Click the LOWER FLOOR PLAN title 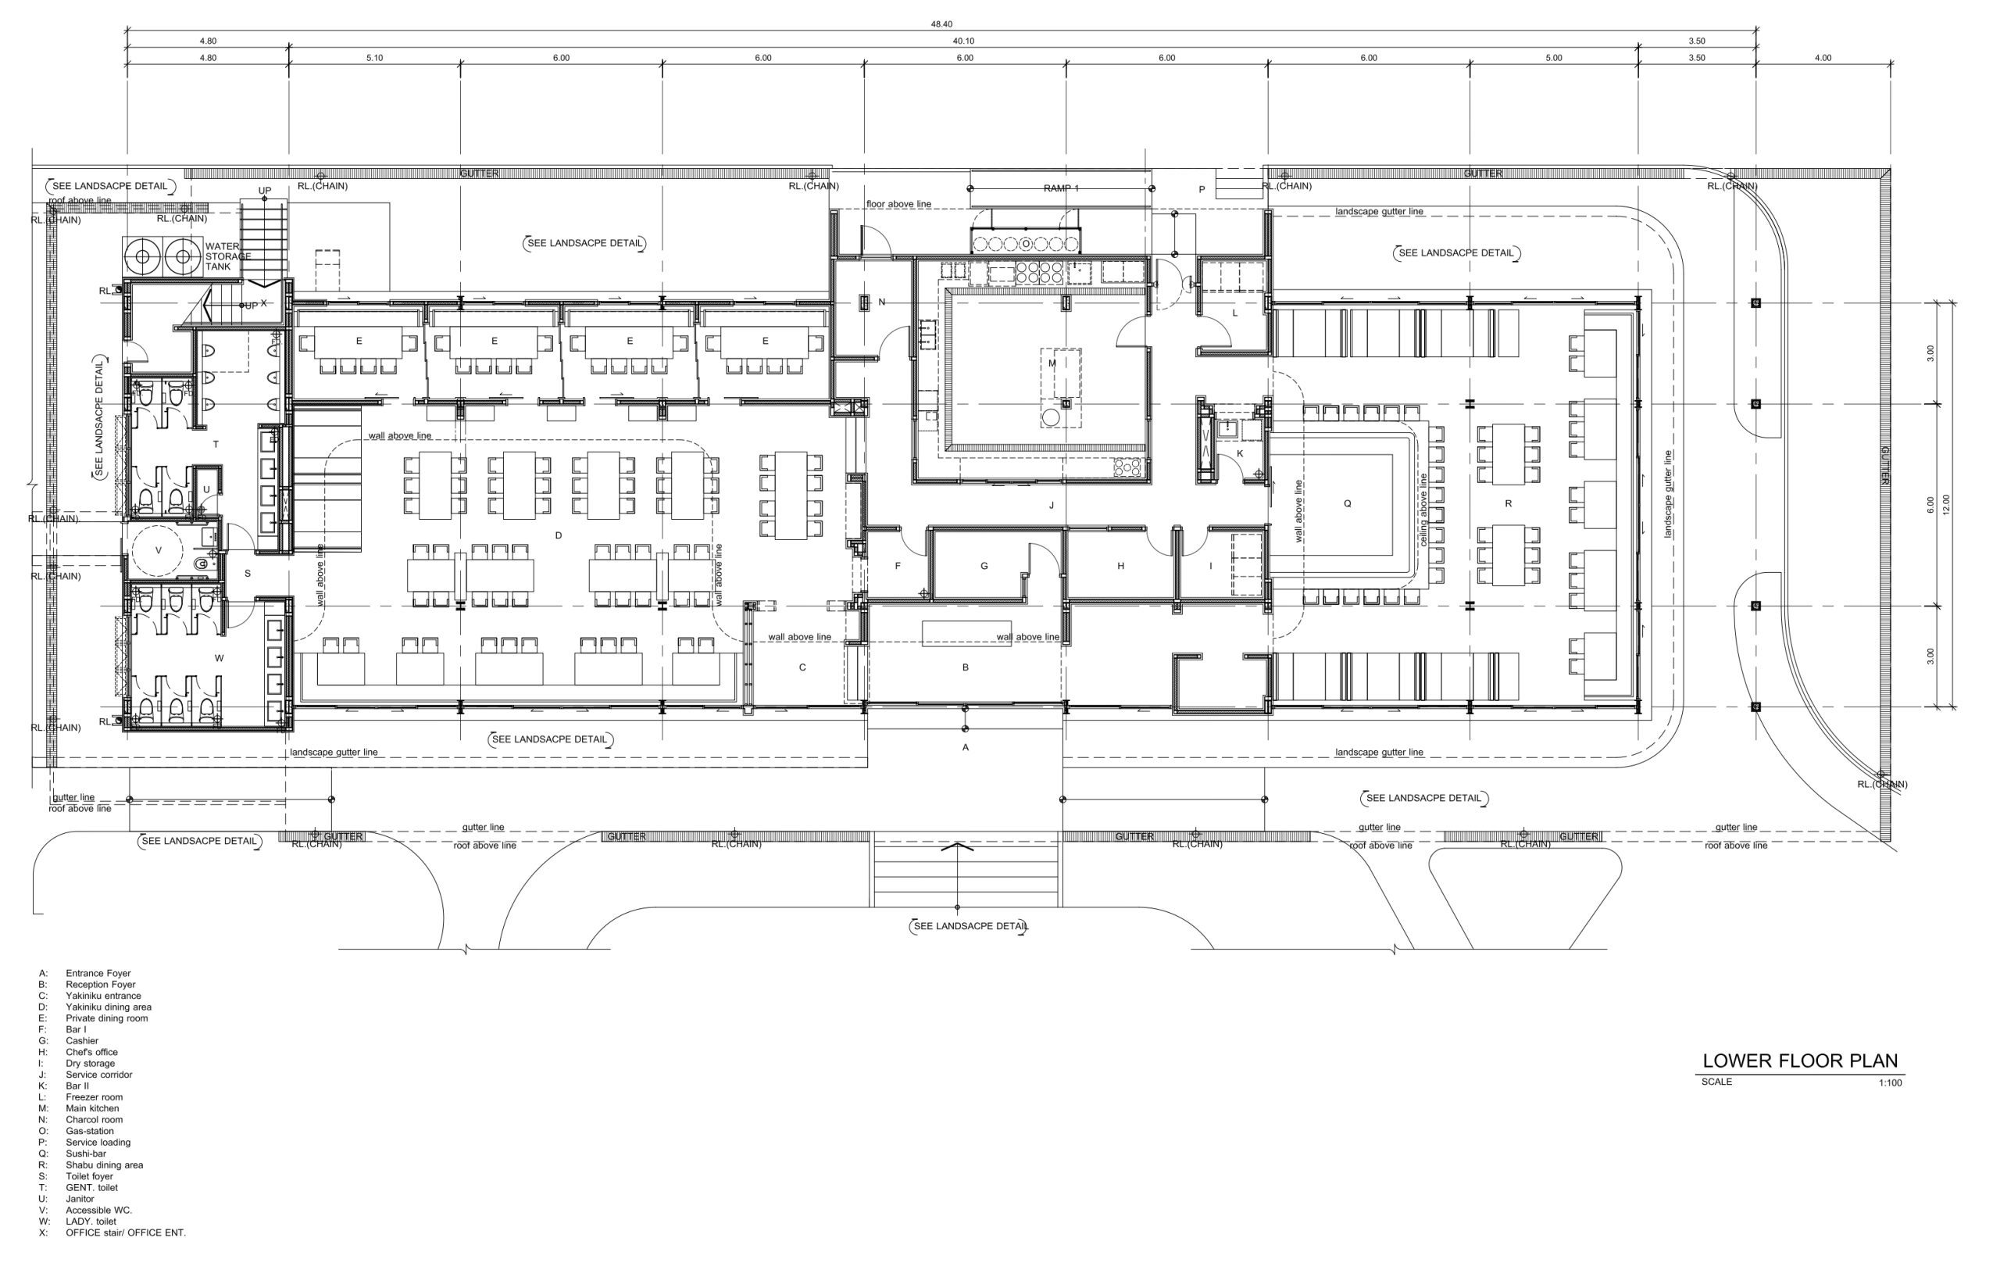pos(1800,1061)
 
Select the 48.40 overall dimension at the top pos(941,24)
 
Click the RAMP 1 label pos(1061,188)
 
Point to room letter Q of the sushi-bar pos(1347,503)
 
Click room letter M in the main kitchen pos(1052,363)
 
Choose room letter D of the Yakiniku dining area pos(558,535)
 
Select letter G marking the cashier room pos(984,566)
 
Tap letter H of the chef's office pos(1120,566)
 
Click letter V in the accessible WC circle pos(159,551)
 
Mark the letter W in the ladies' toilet pos(220,659)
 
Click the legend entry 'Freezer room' pos(94,1097)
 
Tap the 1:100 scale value pos(1891,1083)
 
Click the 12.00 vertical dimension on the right pos(1945,505)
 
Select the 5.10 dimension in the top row pos(374,58)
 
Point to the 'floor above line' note pos(898,204)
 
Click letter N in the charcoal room pos(882,302)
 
